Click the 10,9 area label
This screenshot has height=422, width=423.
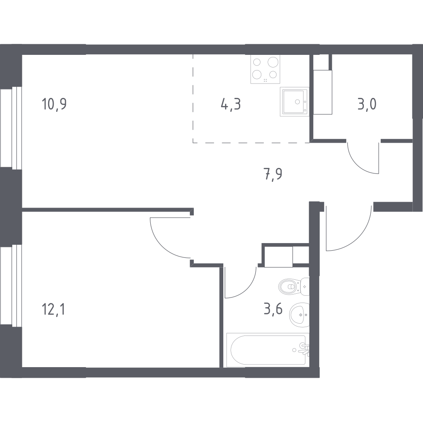coord(54,104)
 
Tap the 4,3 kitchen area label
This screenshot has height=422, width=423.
coord(230,104)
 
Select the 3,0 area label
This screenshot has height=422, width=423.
coord(367,104)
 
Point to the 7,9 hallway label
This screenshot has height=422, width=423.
coord(273,174)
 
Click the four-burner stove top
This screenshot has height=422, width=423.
coord(265,69)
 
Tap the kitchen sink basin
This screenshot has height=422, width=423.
coord(295,102)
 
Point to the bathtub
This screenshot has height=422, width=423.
coord(268,350)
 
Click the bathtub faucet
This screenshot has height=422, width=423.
coord(305,349)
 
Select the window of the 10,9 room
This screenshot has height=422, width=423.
coord(11,128)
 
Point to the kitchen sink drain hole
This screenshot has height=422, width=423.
coord(297,102)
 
